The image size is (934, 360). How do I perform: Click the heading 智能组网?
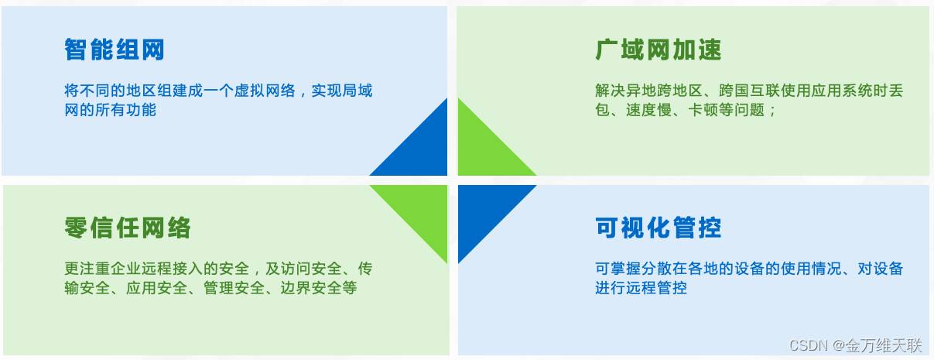coord(115,50)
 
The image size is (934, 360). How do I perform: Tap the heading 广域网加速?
coord(659,50)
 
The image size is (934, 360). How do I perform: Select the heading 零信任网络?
coord(128,228)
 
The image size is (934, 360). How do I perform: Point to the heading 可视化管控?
coord(659,228)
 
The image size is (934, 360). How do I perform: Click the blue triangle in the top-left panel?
coord(421,149)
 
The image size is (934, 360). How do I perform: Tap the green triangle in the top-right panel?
coord(484,149)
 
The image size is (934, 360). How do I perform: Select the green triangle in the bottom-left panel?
coord(421,211)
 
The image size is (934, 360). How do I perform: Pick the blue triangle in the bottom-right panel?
coord(484,211)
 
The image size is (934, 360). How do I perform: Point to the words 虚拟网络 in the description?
coord(265,91)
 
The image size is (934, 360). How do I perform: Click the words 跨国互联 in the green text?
coord(749,91)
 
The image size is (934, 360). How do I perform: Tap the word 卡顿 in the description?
coord(703,110)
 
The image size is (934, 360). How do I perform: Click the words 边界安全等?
coord(319,288)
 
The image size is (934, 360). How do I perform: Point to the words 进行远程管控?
coord(641,288)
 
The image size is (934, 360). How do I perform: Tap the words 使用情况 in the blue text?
coord(811,269)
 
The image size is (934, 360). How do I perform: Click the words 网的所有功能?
coord(110,110)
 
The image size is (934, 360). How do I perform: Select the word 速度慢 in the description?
coord(648,110)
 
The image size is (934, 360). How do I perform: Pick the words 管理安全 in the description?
coord(234,288)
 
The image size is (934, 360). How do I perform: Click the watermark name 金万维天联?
coord(884,345)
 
